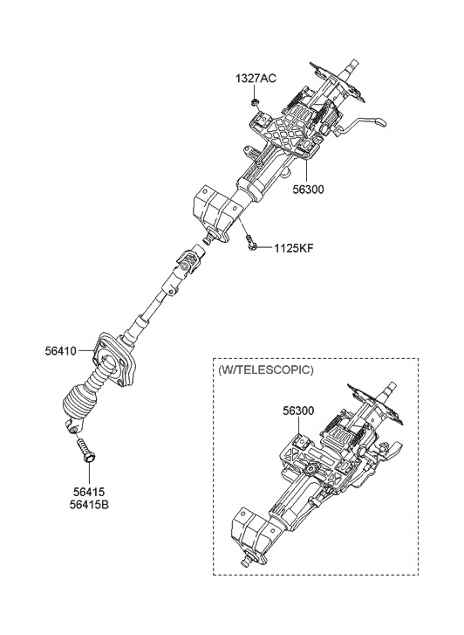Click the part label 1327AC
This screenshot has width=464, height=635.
coord(255,79)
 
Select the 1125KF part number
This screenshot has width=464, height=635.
coord(294,247)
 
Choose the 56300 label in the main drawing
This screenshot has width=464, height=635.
coord(310,189)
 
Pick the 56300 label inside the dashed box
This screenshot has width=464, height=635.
coord(299,407)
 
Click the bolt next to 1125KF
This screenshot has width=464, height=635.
coord(251,245)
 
